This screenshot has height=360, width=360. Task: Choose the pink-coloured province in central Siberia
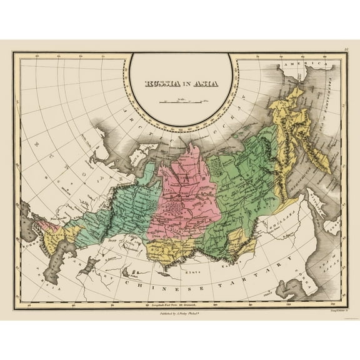coord(187,194)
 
